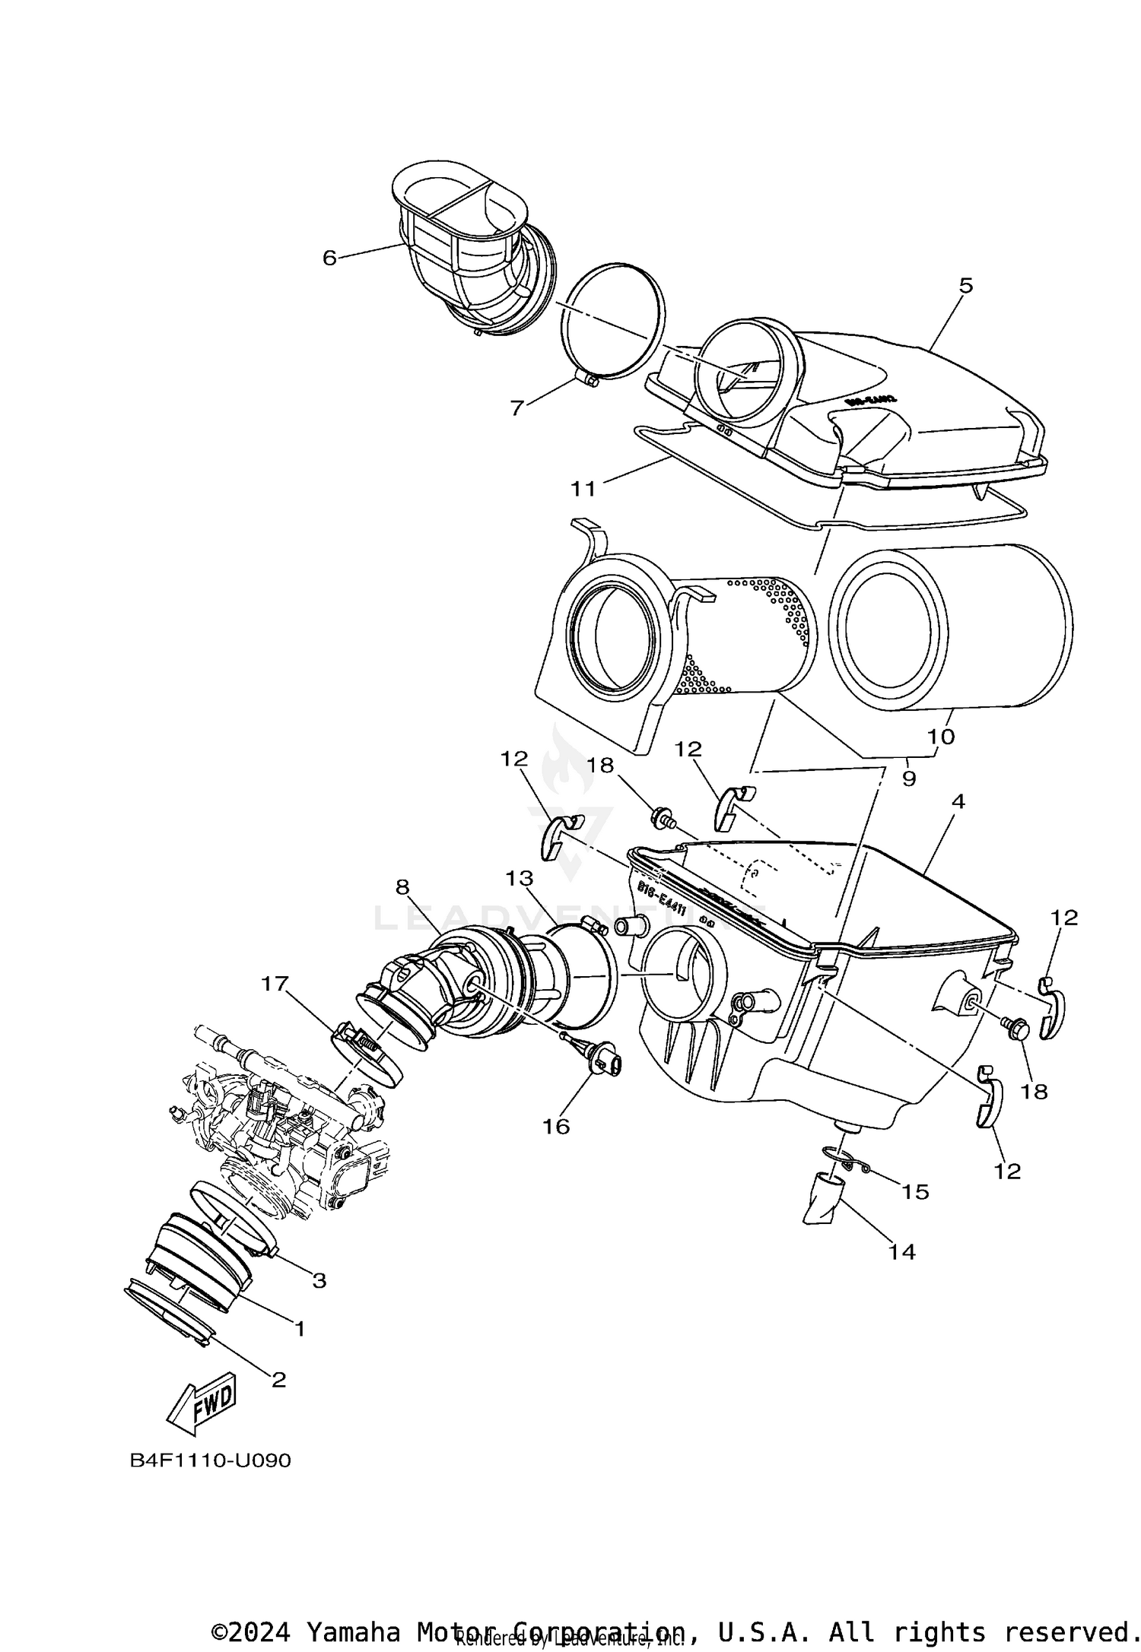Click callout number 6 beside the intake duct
(x=329, y=258)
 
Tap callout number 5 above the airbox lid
(x=965, y=286)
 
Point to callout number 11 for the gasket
(x=583, y=489)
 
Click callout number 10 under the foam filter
(x=941, y=736)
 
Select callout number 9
(x=908, y=778)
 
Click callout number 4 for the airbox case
(x=958, y=801)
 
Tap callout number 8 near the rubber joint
(x=402, y=886)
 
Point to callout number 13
(x=520, y=879)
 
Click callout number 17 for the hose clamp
(x=275, y=984)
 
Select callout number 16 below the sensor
(x=556, y=1126)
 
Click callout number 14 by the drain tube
(x=902, y=1251)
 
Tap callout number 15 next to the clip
(x=915, y=1191)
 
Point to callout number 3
(x=319, y=1281)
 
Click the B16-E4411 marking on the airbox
(x=661, y=899)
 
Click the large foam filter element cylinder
(x=951, y=627)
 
